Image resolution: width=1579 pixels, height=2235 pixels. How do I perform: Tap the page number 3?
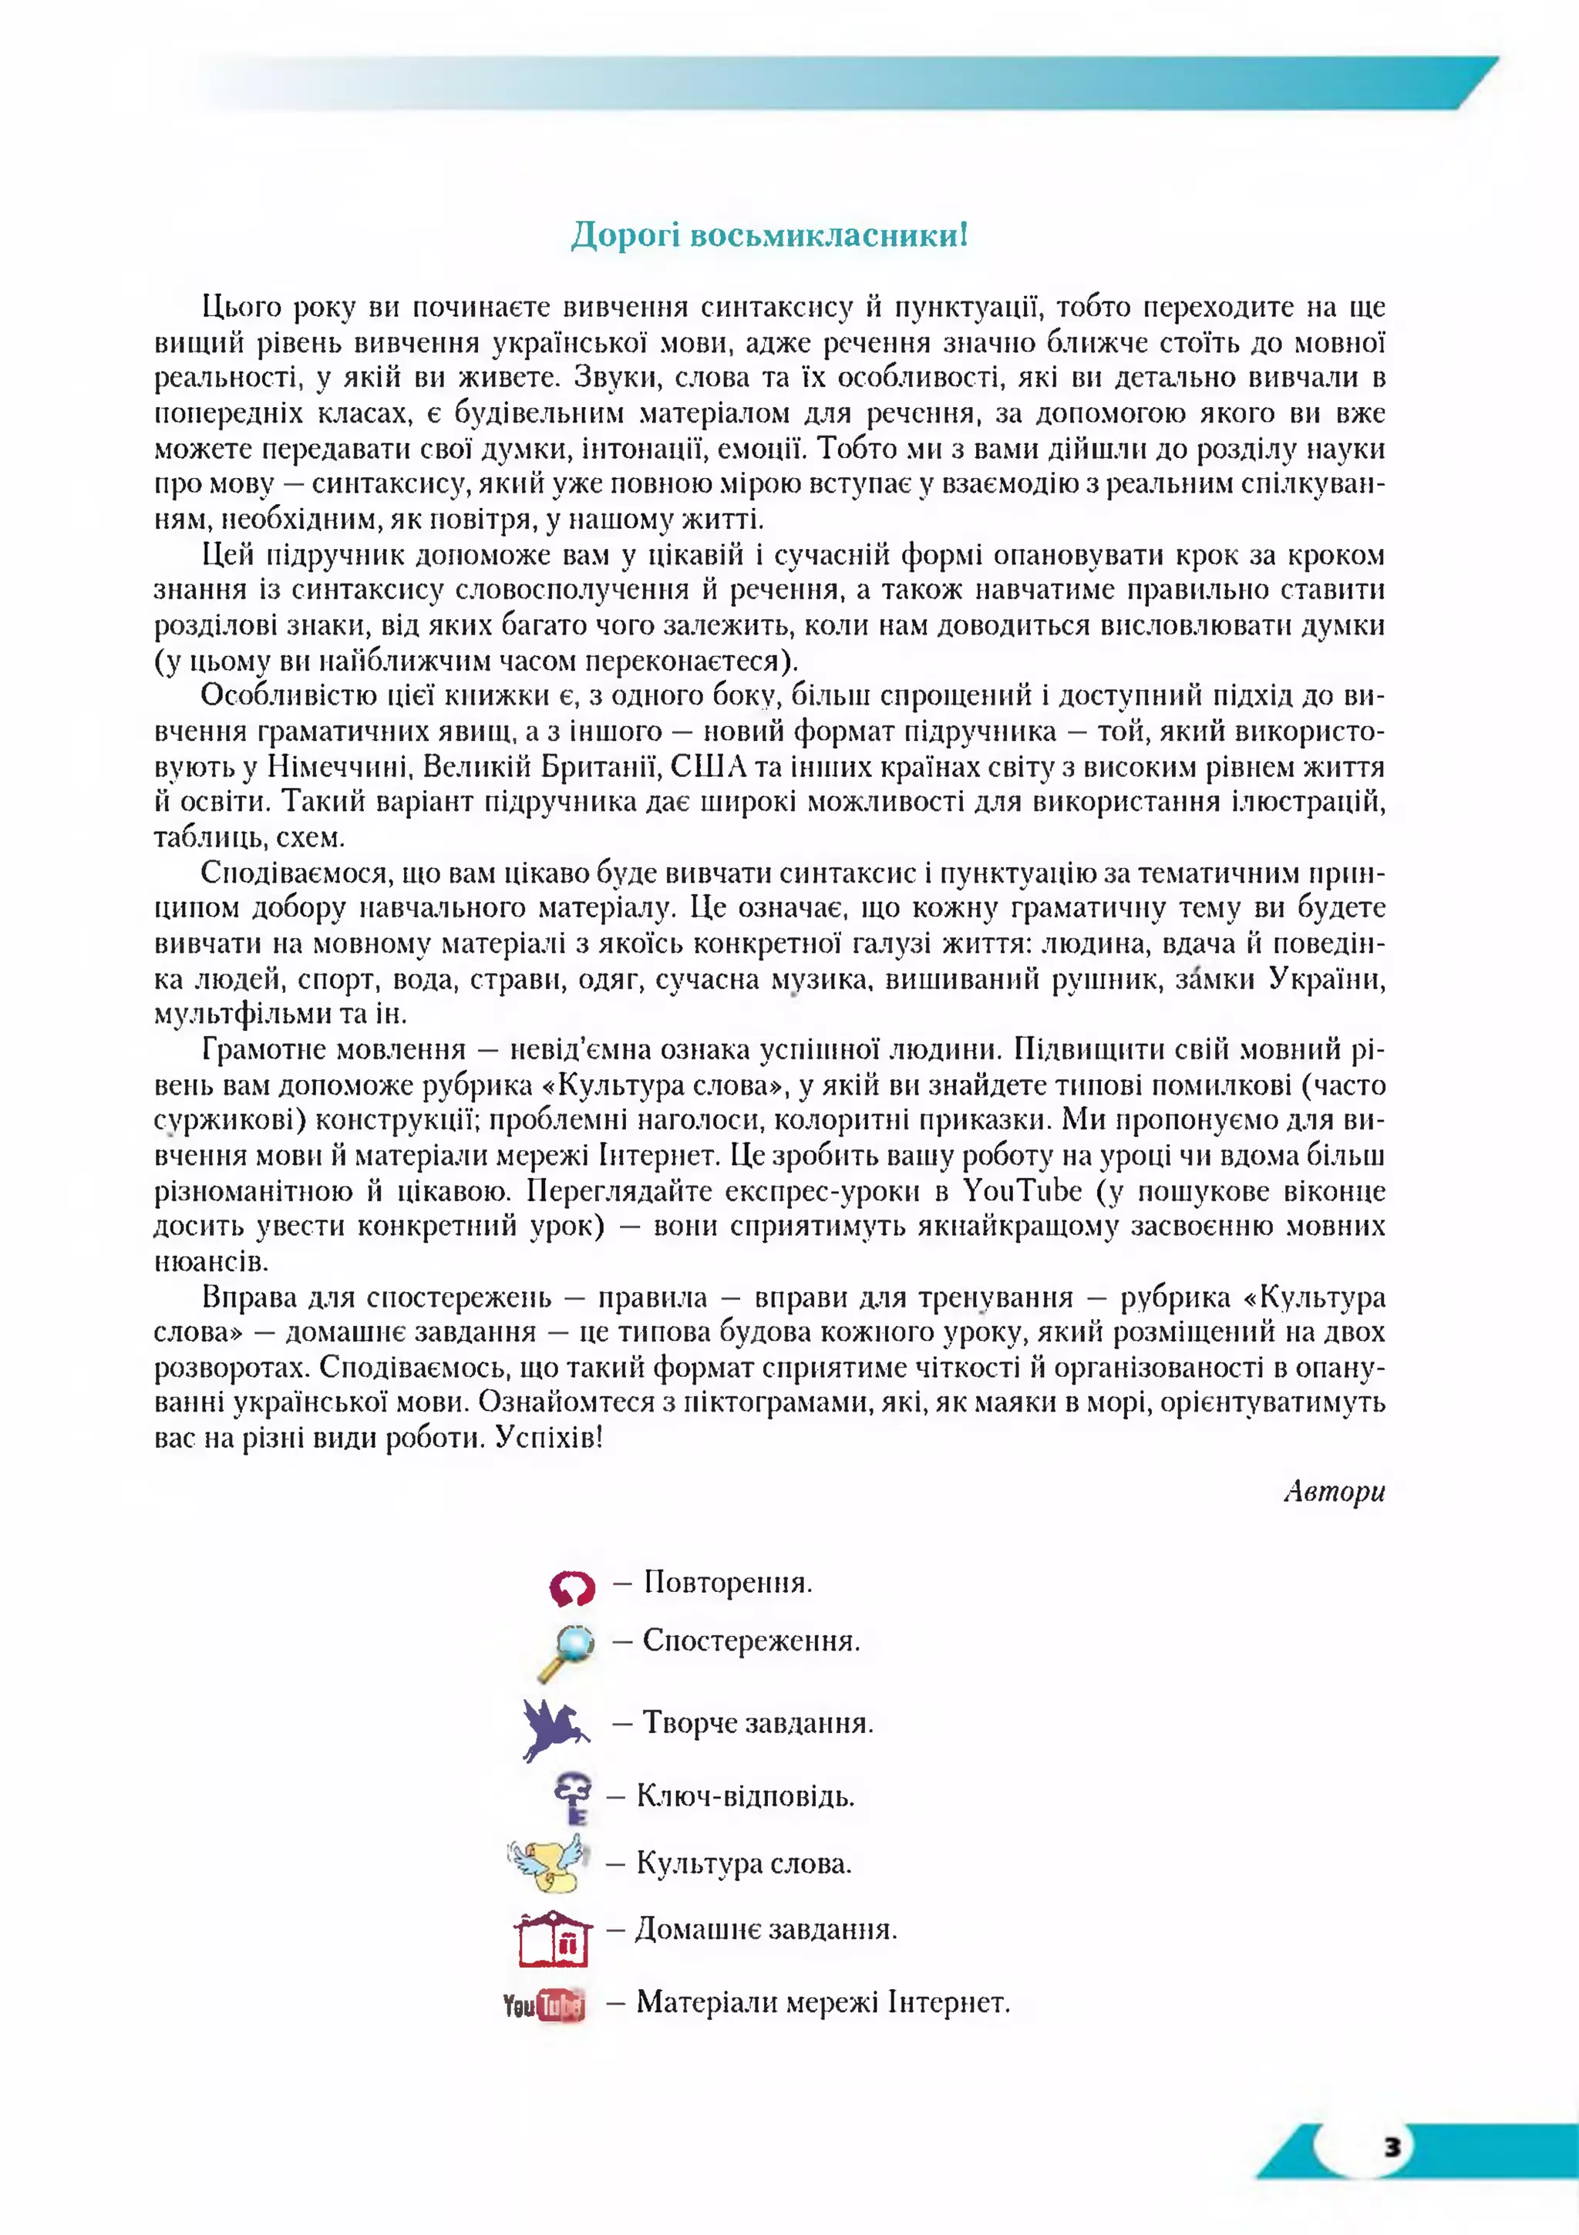point(1392,2146)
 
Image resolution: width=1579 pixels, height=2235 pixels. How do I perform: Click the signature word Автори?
point(1334,1491)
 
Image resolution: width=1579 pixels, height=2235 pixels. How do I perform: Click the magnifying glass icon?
point(567,1652)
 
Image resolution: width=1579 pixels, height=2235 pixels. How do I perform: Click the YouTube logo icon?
point(544,2005)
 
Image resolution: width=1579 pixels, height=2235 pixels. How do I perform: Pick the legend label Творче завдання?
point(757,1724)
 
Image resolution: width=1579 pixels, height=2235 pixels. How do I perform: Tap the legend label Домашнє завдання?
point(766,1930)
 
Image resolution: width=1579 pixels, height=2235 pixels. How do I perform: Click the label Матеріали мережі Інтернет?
point(823,2002)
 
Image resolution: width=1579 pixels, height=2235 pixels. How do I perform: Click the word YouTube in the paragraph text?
point(1022,1190)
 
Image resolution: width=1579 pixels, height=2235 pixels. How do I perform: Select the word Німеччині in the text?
point(337,767)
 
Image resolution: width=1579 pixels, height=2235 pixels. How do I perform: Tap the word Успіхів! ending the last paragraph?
point(548,1438)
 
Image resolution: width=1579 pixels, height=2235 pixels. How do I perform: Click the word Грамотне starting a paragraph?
point(264,1049)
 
